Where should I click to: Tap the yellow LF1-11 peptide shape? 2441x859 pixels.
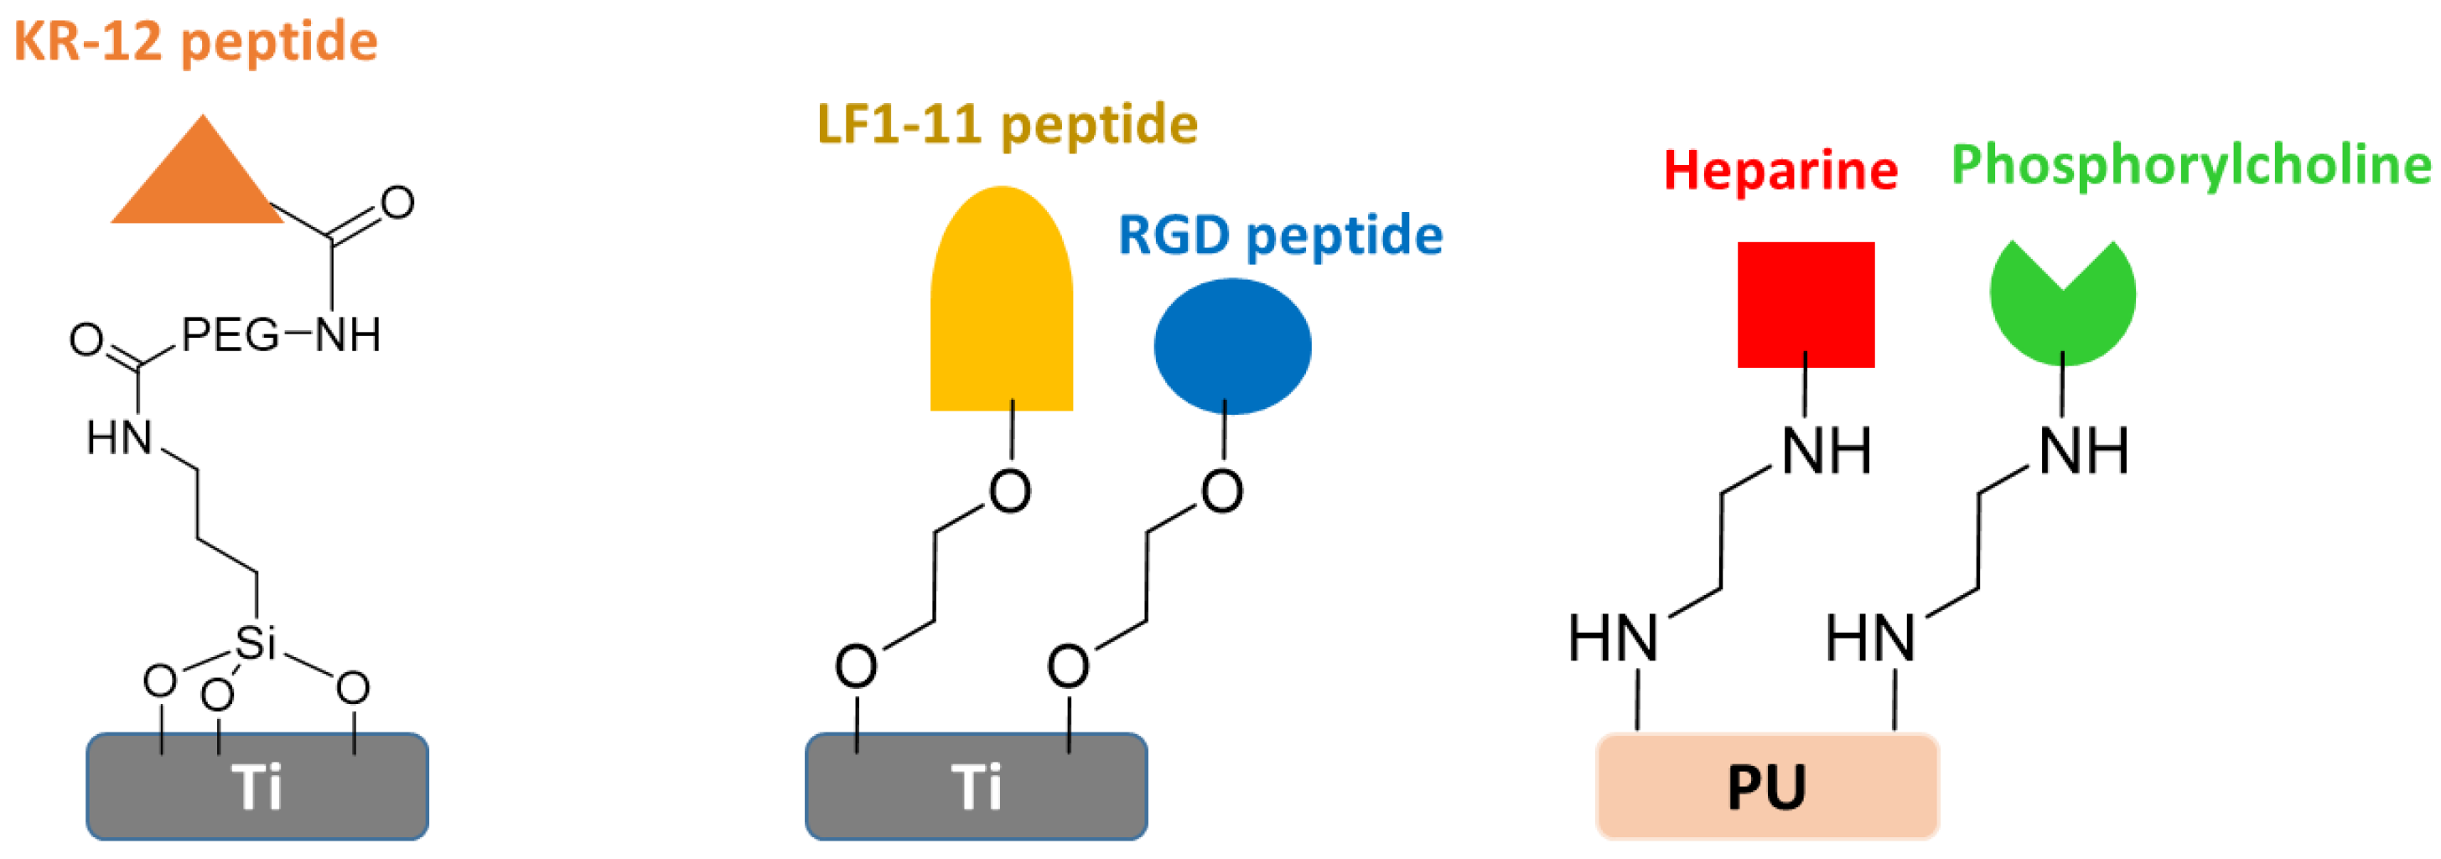point(1002,303)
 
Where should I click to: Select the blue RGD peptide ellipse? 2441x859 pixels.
point(1232,345)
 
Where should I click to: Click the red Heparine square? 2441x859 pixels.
point(1805,304)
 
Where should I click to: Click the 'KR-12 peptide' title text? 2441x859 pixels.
point(195,42)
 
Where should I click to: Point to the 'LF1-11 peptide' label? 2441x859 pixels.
point(1008,125)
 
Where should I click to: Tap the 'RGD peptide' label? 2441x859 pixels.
point(1280,235)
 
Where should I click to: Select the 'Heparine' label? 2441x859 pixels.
point(1780,170)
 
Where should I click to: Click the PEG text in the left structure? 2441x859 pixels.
point(231,334)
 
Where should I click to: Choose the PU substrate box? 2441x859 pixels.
point(1767,786)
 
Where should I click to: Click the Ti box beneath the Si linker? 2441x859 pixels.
point(257,786)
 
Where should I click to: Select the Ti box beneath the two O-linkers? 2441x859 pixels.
point(976,786)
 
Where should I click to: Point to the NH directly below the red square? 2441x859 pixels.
point(1826,451)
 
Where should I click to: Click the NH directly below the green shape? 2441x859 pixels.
point(2083,451)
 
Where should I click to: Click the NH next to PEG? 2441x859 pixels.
point(348,334)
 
